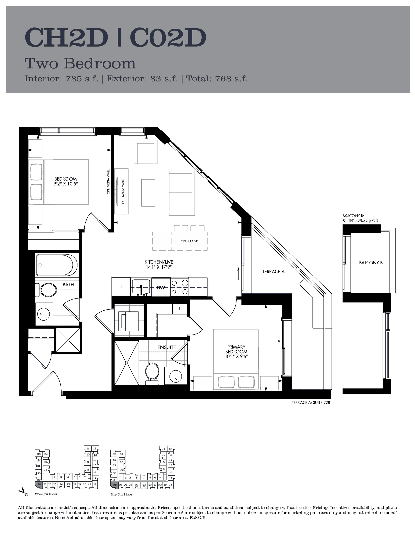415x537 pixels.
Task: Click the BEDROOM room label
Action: tap(65, 179)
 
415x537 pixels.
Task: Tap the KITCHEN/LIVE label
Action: tap(159, 262)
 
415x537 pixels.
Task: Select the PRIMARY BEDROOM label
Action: tap(236, 349)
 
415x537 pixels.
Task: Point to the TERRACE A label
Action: tap(273, 271)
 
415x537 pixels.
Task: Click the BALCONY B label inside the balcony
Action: tap(371, 263)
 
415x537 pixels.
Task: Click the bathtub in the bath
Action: tap(55, 265)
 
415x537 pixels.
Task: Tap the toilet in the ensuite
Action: tap(152, 374)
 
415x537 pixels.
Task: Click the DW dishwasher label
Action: tap(161, 287)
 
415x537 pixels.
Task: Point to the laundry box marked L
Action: tap(180, 309)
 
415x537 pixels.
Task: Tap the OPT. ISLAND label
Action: tap(189, 241)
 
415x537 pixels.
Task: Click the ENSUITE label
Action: tap(167, 347)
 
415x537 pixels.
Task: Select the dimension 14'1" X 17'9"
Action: tap(159, 267)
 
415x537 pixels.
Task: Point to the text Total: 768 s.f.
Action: tap(217, 79)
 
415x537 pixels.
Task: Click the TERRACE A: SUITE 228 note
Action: tap(311, 402)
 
